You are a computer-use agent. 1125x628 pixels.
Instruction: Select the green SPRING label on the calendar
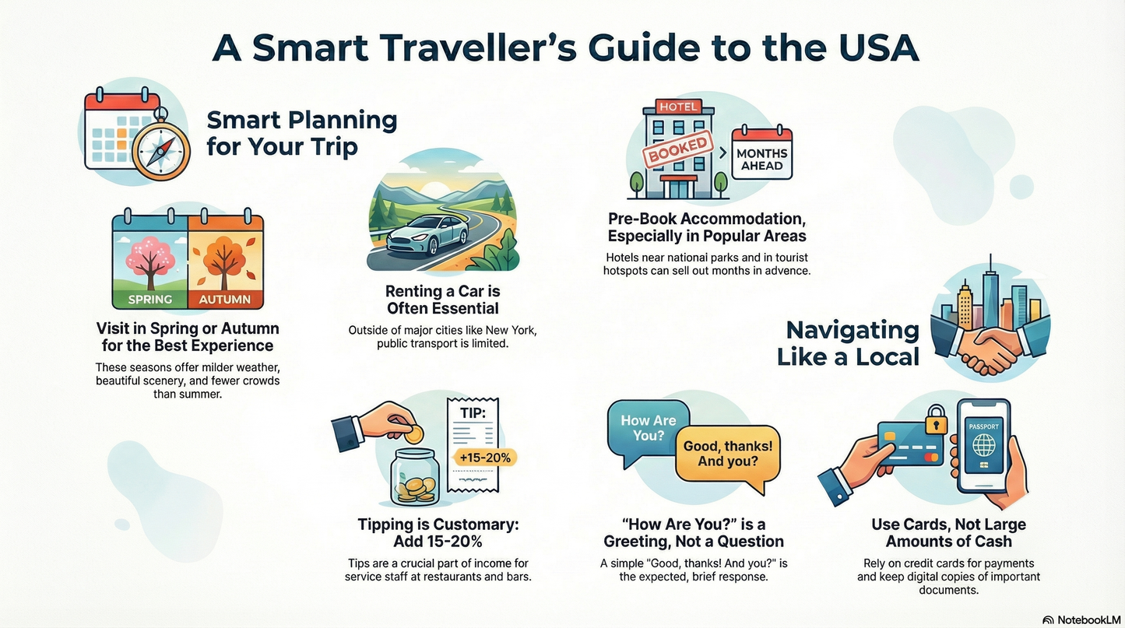click(149, 299)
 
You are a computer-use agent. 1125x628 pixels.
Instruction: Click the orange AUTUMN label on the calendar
click(225, 299)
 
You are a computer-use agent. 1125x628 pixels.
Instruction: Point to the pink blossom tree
click(149, 250)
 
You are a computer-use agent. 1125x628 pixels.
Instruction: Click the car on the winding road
click(427, 233)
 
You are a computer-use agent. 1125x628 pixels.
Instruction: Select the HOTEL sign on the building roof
click(678, 107)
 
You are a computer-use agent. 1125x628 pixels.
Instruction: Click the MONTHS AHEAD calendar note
click(761, 159)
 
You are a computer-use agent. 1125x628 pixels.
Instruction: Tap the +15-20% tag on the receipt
click(485, 458)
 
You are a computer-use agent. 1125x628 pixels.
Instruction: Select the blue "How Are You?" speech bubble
click(648, 429)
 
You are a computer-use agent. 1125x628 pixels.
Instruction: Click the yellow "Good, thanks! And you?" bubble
click(727, 454)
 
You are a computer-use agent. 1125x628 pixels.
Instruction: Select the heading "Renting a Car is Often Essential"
click(442, 300)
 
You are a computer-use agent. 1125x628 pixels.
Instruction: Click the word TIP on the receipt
click(472, 413)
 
